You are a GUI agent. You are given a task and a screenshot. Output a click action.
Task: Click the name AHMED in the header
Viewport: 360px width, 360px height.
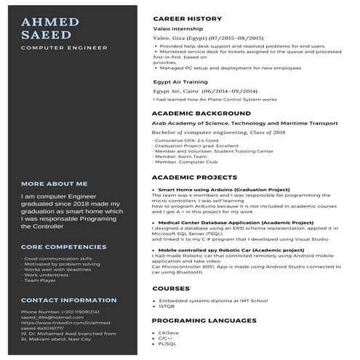point(50,21)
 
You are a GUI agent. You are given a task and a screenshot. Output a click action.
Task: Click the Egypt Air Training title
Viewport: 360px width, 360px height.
point(175,82)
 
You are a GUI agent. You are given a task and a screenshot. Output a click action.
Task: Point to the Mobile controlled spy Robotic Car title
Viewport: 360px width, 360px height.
point(231,249)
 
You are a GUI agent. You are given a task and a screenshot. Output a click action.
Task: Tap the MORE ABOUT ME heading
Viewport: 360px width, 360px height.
point(55,184)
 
